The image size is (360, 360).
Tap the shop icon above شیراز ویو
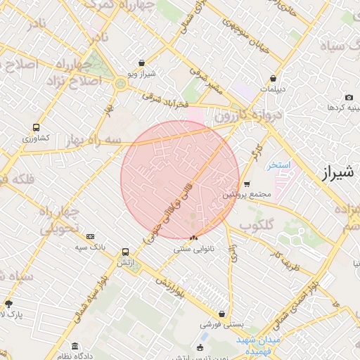pyautogui.click(x=143, y=63)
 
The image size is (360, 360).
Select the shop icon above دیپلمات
pyautogui.click(x=272, y=79)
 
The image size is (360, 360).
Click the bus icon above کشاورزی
pyautogui.click(x=36, y=128)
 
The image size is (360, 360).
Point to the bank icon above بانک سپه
pyautogui.click(x=90, y=237)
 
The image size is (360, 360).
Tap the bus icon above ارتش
pyautogui.click(x=125, y=251)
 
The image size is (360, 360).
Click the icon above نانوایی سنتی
pyautogui.click(x=193, y=238)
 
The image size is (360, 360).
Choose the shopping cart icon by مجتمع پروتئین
pyautogui.click(x=247, y=184)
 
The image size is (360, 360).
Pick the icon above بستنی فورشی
pyautogui.click(x=222, y=314)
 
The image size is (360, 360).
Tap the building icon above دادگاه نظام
pyautogui.click(x=75, y=346)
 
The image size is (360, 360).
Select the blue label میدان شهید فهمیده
pyautogui.click(x=257, y=345)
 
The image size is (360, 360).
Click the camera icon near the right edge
pyautogui.click(x=349, y=98)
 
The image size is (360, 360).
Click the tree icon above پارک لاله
pyautogui.click(x=9, y=304)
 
